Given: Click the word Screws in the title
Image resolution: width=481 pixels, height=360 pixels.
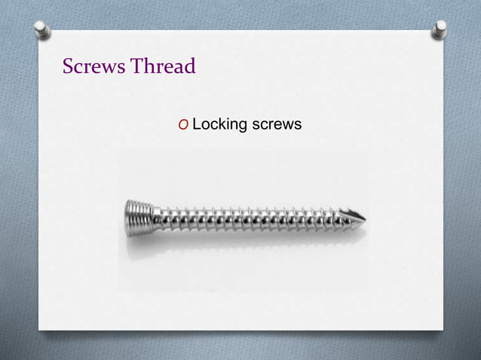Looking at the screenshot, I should tap(94, 66).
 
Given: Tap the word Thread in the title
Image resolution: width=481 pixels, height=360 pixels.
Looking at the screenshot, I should tap(164, 66).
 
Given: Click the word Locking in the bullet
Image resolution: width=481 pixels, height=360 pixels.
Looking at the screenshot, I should tap(219, 124).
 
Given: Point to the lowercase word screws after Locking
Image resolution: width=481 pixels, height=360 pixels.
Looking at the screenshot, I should tap(277, 124).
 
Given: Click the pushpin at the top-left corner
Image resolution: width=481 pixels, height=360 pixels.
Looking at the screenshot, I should tap(41, 29).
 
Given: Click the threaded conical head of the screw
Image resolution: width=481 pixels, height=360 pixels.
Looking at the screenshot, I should tap(139, 219).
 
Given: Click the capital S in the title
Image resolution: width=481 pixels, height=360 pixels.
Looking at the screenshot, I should tap(69, 66).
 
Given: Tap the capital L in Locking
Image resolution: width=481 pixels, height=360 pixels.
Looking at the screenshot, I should tap(197, 124).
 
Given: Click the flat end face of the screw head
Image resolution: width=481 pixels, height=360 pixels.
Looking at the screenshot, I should tap(127, 219).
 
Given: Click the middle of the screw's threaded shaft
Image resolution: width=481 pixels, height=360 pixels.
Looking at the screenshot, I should tap(249, 219).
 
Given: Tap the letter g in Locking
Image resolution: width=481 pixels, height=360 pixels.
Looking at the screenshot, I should tap(243, 126).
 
